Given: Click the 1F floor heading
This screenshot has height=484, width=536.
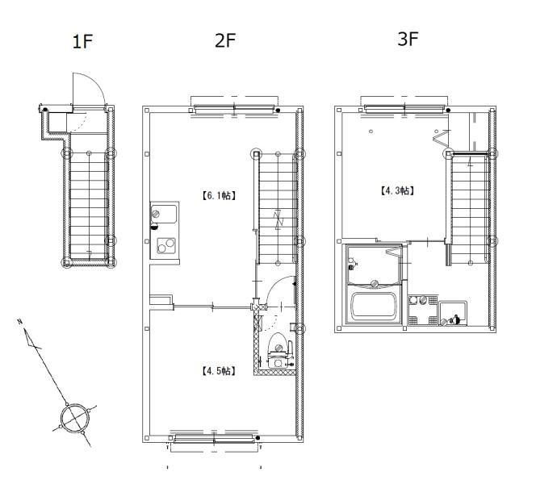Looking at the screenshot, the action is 82,41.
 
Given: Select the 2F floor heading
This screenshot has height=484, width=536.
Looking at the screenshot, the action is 225,40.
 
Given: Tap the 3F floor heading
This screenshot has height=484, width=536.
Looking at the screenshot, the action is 408,39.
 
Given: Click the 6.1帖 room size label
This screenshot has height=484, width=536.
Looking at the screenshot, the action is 218,196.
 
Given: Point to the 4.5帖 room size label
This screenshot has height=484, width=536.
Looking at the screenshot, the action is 218,371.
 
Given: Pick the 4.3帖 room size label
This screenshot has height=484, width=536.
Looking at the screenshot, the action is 397,190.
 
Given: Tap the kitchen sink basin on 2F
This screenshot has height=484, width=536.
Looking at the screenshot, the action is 164,214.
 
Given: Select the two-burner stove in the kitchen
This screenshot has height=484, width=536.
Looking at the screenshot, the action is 166,245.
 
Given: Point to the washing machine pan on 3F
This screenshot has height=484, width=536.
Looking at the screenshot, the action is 453,313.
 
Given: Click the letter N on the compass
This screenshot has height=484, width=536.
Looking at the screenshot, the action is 20,321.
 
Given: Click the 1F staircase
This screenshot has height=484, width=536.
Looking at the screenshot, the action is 89,206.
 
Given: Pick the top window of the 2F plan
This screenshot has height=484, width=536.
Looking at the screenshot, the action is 234,109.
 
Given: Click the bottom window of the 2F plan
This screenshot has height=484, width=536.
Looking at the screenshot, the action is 215,439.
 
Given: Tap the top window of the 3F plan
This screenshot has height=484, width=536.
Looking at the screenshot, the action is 404,109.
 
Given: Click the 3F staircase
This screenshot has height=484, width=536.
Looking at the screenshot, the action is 471,208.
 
